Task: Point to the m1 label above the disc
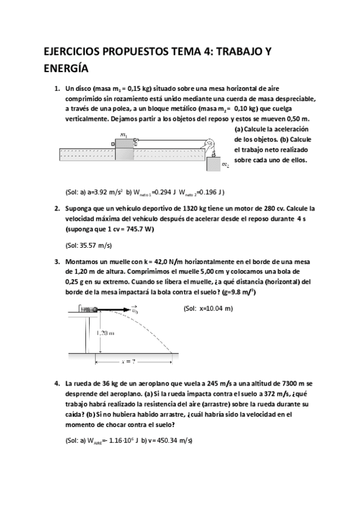[x=123, y=135]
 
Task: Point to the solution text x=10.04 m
[x=207, y=309]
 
